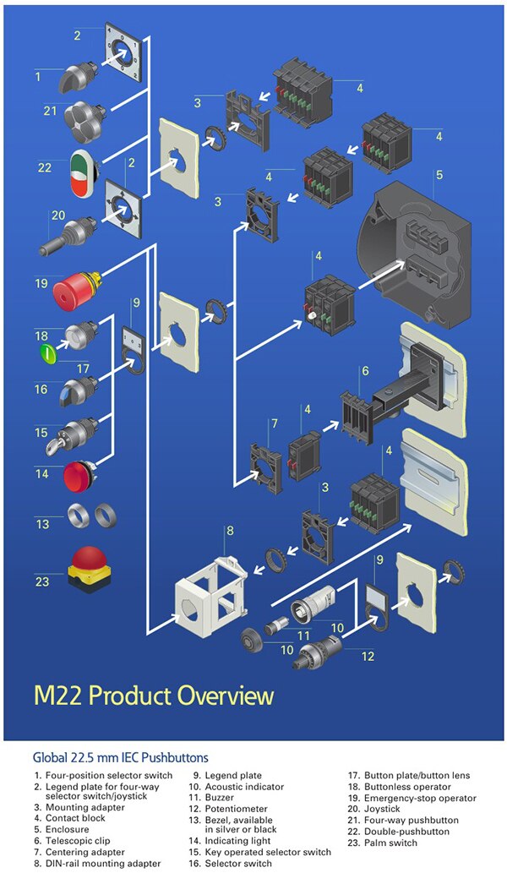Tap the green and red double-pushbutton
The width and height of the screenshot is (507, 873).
tap(84, 169)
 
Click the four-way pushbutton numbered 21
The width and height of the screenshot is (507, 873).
tap(83, 114)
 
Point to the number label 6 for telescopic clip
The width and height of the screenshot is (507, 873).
tap(365, 370)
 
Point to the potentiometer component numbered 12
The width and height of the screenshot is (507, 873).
tap(319, 654)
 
